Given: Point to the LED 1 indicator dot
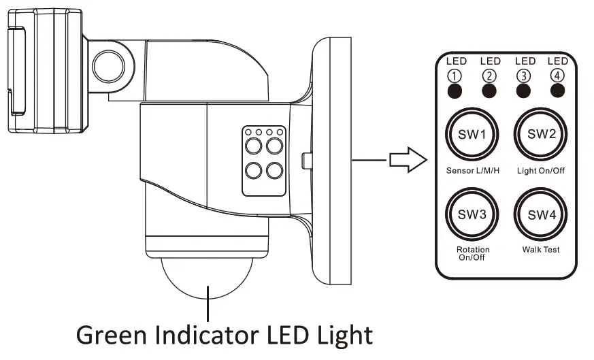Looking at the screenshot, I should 455,91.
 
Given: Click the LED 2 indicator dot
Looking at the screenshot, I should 489,91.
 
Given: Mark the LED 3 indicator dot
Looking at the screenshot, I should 524,91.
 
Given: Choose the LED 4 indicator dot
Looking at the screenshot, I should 558,91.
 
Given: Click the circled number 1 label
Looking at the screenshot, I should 455,76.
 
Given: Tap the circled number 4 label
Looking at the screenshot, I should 558,76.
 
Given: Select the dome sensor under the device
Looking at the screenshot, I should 210,278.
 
